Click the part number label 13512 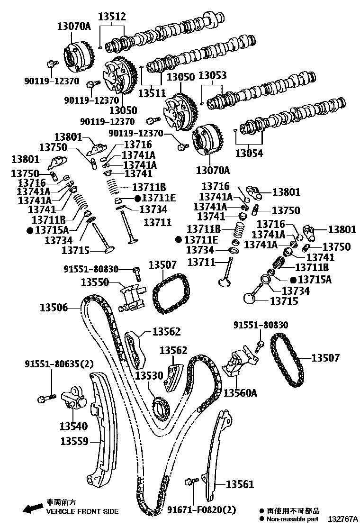pyautogui.click(x=112, y=17)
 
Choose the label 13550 pyautogui.click(x=95, y=282)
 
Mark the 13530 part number pyautogui.click(x=149, y=376)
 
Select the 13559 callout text pyautogui.click(x=74, y=441)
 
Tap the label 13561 pyautogui.click(x=240, y=484)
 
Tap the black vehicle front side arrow pyautogui.click(x=32, y=509)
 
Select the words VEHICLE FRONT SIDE pyautogui.click(x=82, y=512)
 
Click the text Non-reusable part pyautogui.click(x=293, y=520)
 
